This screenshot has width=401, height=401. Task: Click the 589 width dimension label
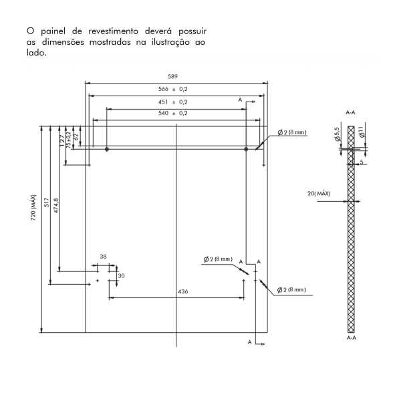(x=172, y=76)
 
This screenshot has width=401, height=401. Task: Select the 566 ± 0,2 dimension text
(x=173, y=89)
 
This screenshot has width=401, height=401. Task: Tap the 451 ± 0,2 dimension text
(x=173, y=102)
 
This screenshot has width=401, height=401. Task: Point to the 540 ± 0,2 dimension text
(x=173, y=113)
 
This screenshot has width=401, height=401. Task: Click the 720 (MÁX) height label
(x=33, y=208)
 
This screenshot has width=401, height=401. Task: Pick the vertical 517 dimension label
(x=47, y=203)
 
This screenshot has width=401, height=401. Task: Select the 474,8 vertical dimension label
(x=56, y=205)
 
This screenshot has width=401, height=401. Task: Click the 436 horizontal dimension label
(x=183, y=291)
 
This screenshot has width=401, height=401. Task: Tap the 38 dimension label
(x=103, y=257)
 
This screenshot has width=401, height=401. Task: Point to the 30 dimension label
(x=121, y=275)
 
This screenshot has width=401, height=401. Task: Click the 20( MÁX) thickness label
(x=319, y=194)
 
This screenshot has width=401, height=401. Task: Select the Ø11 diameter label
(x=361, y=132)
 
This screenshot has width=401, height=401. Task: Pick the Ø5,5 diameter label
(x=338, y=134)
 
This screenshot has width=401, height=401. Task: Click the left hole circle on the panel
(x=107, y=149)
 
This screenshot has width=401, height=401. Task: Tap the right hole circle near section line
(x=246, y=149)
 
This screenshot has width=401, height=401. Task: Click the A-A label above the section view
(x=350, y=112)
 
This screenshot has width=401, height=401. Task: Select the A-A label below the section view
(x=352, y=338)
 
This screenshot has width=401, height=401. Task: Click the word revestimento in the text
(x=114, y=31)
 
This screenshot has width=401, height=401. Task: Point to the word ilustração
(x=170, y=42)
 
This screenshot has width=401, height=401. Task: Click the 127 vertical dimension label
(x=62, y=141)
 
